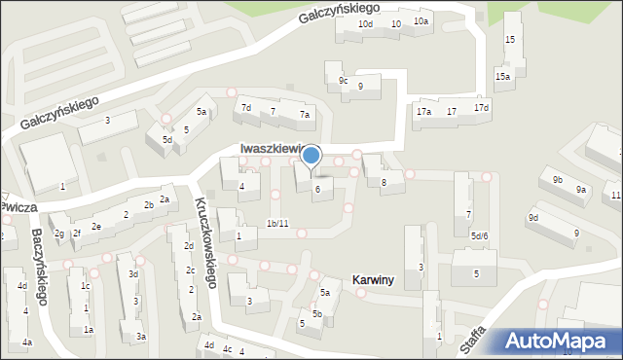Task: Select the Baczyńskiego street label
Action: [39, 266]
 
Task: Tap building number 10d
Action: [365, 23]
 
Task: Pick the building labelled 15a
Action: [502, 76]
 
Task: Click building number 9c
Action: [343, 80]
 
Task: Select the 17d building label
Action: [481, 107]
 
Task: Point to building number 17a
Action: [423, 112]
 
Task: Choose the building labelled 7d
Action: [246, 108]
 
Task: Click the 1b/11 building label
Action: [277, 224]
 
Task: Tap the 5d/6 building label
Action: [479, 236]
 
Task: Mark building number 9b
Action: [558, 180]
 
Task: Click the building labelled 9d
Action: [533, 217]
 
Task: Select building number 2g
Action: [59, 234]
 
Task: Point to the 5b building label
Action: [317, 313]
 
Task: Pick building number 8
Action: [385, 182]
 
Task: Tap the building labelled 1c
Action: [85, 286]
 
